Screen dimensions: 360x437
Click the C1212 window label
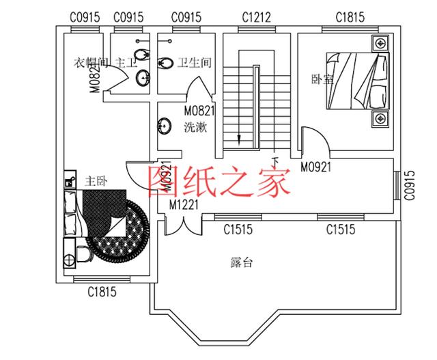point(255,16)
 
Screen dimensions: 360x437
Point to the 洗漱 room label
point(196,127)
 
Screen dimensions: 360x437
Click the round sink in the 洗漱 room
point(165,126)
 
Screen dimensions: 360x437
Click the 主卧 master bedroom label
point(96,182)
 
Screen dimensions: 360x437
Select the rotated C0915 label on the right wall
point(409,185)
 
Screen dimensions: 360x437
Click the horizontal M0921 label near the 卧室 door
point(315,166)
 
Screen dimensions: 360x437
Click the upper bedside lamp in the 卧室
point(378,44)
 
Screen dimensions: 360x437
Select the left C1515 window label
point(238,230)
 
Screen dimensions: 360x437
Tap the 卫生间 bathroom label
point(195,63)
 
